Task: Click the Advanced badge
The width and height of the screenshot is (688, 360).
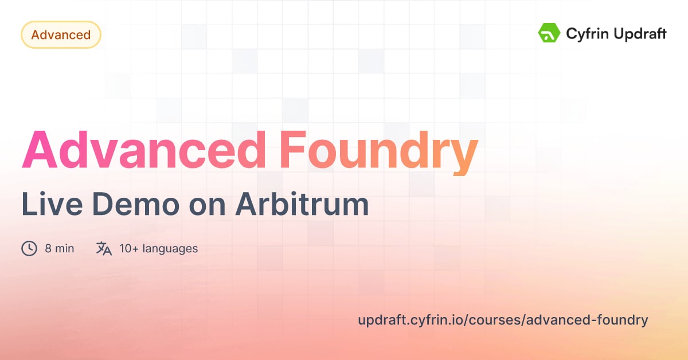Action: coord(61,35)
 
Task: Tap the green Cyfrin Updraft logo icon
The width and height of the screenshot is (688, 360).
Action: coord(549,33)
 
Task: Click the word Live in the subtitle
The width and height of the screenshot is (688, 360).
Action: coord(48,205)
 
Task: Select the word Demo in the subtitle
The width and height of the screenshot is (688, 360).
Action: coord(127,205)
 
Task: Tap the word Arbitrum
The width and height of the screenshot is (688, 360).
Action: coord(302,205)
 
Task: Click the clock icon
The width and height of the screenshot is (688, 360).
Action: coord(29,248)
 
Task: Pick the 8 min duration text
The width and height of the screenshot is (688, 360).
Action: coord(60,249)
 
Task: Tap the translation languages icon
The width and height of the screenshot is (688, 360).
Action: coord(104,248)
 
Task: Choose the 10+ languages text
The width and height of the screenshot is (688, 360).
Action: coord(159,249)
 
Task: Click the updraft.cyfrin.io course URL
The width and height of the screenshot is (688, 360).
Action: coord(503,320)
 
